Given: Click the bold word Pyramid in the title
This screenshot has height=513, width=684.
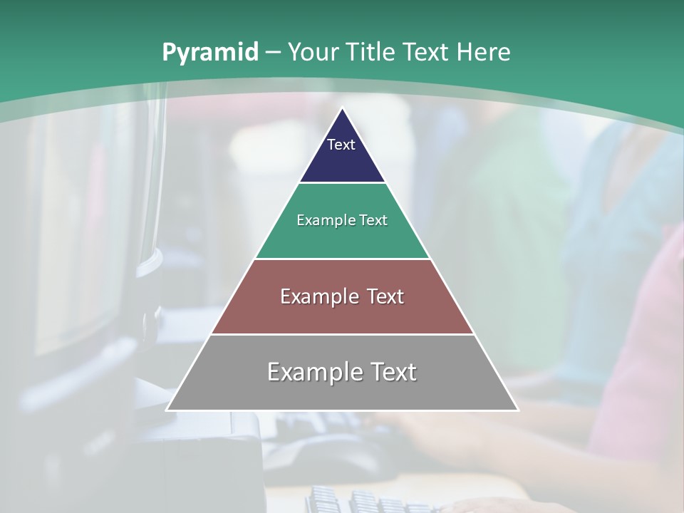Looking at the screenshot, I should click(x=209, y=53).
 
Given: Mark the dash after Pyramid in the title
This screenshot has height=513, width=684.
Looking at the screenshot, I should click(x=273, y=53).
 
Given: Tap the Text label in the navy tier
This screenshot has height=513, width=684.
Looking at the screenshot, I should click(x=341, y=145).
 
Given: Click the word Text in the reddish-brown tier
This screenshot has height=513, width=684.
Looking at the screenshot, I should click(x=385, y=296).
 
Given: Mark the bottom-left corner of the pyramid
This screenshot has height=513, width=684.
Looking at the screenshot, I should click(x=167, y=410).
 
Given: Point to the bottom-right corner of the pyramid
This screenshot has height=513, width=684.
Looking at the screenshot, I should click(x=517, y=410).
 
